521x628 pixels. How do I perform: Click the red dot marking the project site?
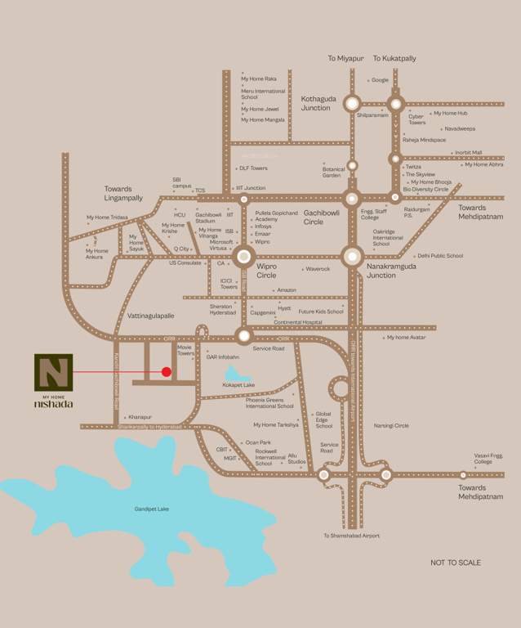(167, 372)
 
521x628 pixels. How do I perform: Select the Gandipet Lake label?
(152, 509)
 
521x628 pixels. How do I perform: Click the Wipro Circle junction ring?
(243, 258)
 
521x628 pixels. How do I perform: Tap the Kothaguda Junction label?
(316, 103)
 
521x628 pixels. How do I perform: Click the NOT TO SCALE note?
(456, 563)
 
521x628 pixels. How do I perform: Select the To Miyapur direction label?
(344, 59)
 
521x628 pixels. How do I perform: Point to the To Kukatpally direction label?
(394, 59)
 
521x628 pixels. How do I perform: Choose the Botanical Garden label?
(331, 173)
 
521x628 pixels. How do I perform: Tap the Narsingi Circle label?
(390, 425)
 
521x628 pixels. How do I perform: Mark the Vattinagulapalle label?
(152, 316)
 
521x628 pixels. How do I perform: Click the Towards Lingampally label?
(123, 194)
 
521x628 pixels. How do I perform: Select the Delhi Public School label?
(440, 256)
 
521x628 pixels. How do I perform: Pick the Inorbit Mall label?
(468, 153)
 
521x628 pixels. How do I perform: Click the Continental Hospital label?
(298, 321)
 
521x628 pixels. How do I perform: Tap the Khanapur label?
(140, 417)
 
